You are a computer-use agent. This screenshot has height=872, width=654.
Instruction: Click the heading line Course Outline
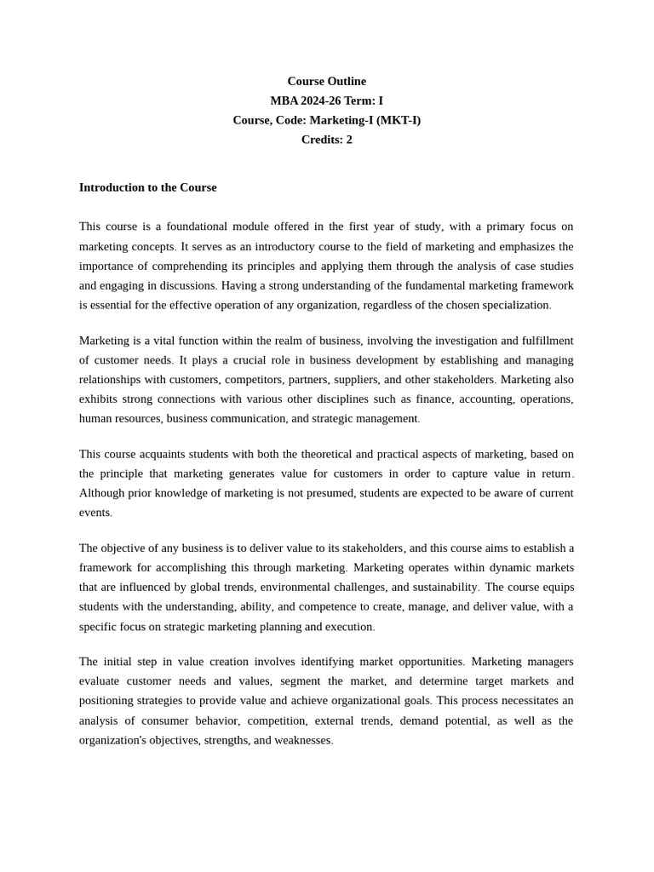[326, 81]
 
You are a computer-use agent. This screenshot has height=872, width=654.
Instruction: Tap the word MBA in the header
[284, 100]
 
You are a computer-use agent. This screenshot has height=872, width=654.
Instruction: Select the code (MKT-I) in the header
[399, 120]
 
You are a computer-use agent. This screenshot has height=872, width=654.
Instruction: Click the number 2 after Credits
[349, 140]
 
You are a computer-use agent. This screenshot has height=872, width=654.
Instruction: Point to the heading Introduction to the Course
[147, 187]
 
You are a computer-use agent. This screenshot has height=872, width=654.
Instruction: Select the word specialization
[508, 305]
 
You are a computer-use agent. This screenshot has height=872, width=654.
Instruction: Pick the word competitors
[253, 380]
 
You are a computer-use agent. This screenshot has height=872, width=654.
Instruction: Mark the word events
[95, 513]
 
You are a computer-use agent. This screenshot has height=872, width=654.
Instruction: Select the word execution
[349, 627]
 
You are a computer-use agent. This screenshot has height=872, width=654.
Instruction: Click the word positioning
[106, 701]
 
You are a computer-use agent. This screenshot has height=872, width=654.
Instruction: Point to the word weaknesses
[302, 740]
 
